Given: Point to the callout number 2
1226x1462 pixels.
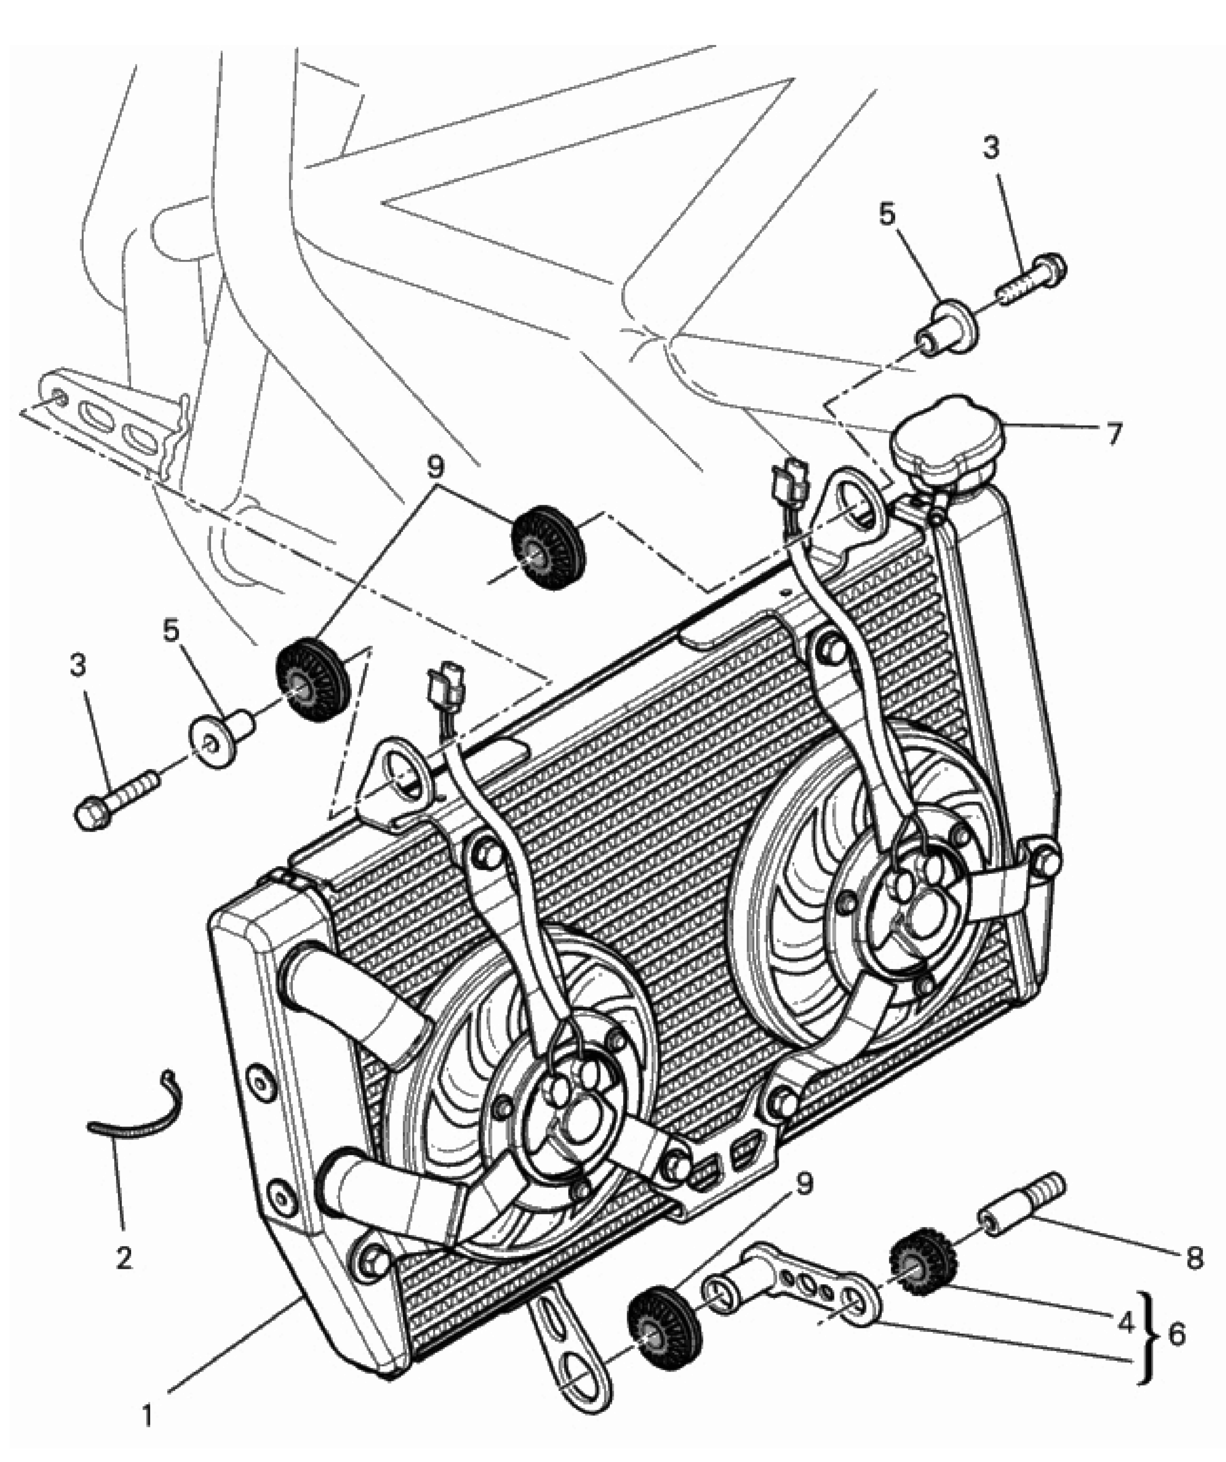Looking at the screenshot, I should (124, 1257).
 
